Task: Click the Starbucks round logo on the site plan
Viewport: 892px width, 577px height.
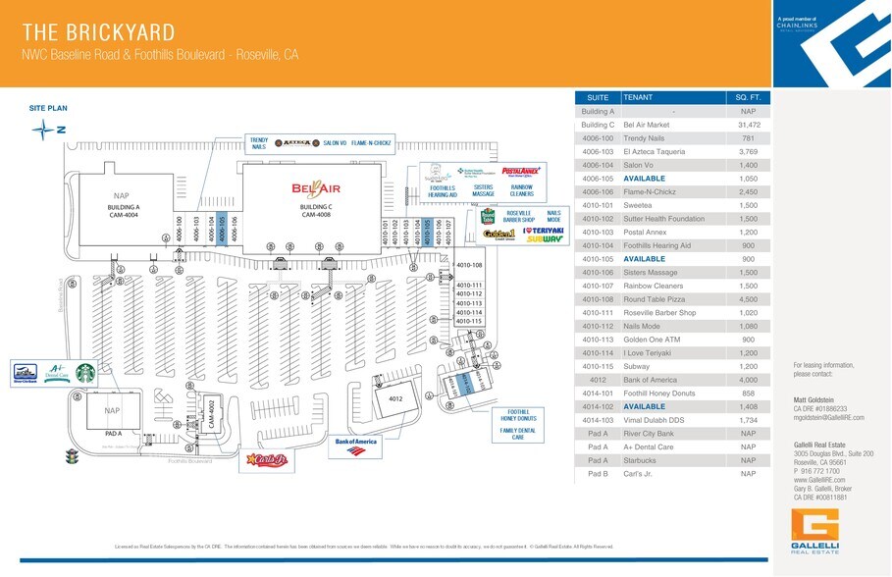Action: point(86,373)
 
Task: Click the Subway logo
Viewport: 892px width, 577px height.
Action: point(545,238)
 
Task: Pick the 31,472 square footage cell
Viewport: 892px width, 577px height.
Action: point(749,125)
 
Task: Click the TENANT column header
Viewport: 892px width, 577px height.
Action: point(639,98)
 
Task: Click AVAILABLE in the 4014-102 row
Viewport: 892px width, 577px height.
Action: point(646,406)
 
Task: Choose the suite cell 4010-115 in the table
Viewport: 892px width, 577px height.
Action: point(597,365)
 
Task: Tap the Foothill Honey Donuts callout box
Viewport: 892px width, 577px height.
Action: point(518,416)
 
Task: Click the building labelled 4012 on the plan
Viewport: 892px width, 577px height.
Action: point(395,399)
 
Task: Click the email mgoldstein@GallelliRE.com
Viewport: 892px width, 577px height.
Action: point(828,417)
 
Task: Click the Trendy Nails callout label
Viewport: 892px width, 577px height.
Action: point(259,143)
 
